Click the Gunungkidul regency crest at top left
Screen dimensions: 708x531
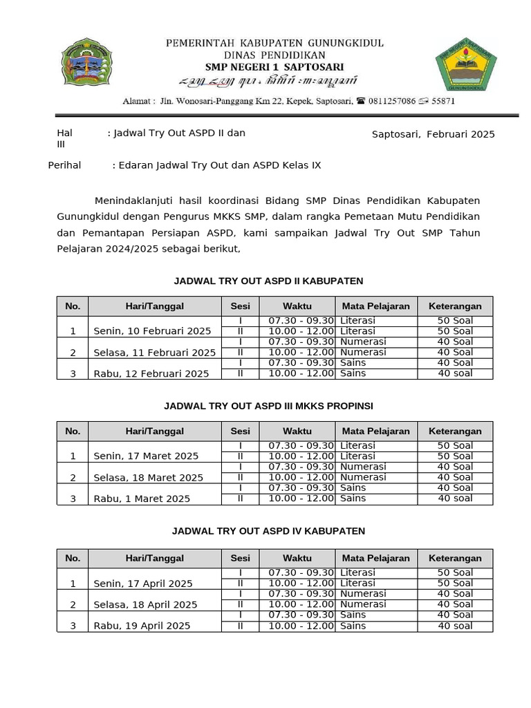[x=87, y=68]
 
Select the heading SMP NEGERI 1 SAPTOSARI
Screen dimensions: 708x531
[x=274, y=66]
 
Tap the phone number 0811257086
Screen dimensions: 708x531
[x=391, y=101]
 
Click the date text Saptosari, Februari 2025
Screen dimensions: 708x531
[x=433, y=134]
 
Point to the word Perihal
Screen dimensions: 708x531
[x=64, y=165]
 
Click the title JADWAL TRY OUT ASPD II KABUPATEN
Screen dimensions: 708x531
[x=268, y=281]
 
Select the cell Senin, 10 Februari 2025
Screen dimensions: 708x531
[x=152, y=331]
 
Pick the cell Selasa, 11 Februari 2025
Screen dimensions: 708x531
[x=154, y=353]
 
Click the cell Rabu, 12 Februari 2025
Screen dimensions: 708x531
[x=151, y=373]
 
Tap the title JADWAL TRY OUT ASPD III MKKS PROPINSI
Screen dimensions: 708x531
[x=268, y=406]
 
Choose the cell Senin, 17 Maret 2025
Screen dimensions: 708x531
[x=146, y=456]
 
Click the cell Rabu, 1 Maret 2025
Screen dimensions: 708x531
[x=142, y=499]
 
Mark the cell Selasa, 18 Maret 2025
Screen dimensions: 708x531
[x=148, y=478]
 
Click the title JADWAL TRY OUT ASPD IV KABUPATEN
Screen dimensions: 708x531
[x=268, y=531]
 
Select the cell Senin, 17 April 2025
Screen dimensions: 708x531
[x=143, y=584]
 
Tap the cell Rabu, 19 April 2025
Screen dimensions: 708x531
[x=142, y=626]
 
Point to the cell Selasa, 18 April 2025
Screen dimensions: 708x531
[x=145, y=604]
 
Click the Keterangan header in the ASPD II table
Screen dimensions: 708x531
[x=454, y=306]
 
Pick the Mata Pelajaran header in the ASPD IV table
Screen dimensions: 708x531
[x=375, y=558]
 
